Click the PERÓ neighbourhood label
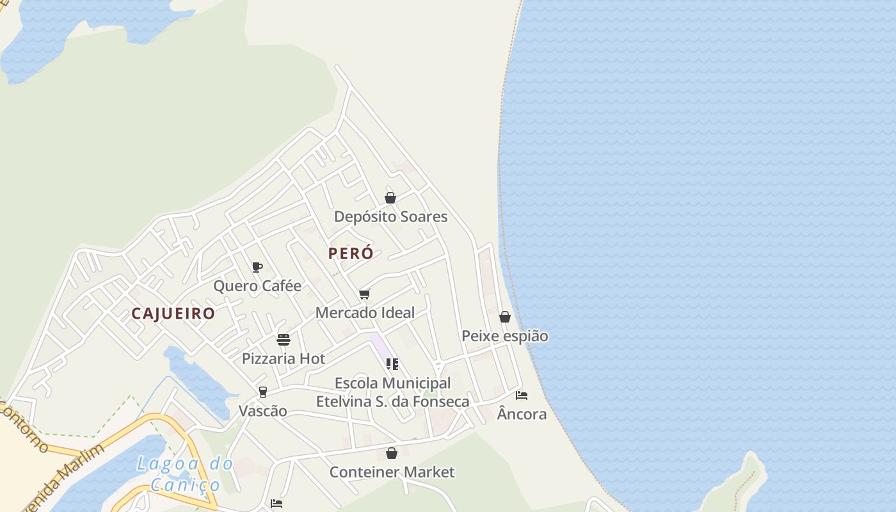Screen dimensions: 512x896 [x=351, y=253]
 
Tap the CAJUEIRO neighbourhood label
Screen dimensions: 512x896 [x=173, y=314]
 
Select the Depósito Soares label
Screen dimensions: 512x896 [x=390, y=216]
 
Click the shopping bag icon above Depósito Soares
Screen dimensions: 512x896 [x=390, y=198]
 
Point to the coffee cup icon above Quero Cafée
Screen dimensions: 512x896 [x=257, y=267]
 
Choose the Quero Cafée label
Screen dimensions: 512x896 [x=257, y=285]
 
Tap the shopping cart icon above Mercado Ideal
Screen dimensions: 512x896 [x=365, y=294]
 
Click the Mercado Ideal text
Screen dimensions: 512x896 [x=365, y=312]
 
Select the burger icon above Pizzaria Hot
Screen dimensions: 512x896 [x=284, y=340]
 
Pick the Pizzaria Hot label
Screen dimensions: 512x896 [x=284, y=358]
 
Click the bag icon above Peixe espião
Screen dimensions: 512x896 [x=505, y=317]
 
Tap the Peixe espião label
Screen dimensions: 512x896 [x=505, y=336]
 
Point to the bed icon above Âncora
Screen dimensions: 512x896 [x=522, y=396]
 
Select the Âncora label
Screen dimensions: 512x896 [x=522, y=414]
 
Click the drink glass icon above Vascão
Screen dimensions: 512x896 [x=262, y=392]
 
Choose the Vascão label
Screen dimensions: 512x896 [x=262, y=411]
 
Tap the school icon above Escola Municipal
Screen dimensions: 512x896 [x=392, y=364]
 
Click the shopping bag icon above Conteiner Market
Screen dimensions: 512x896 [x=392, y=454]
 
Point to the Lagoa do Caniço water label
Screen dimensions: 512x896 [x=185, y=474]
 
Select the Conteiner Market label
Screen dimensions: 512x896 [x=392, y=472]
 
